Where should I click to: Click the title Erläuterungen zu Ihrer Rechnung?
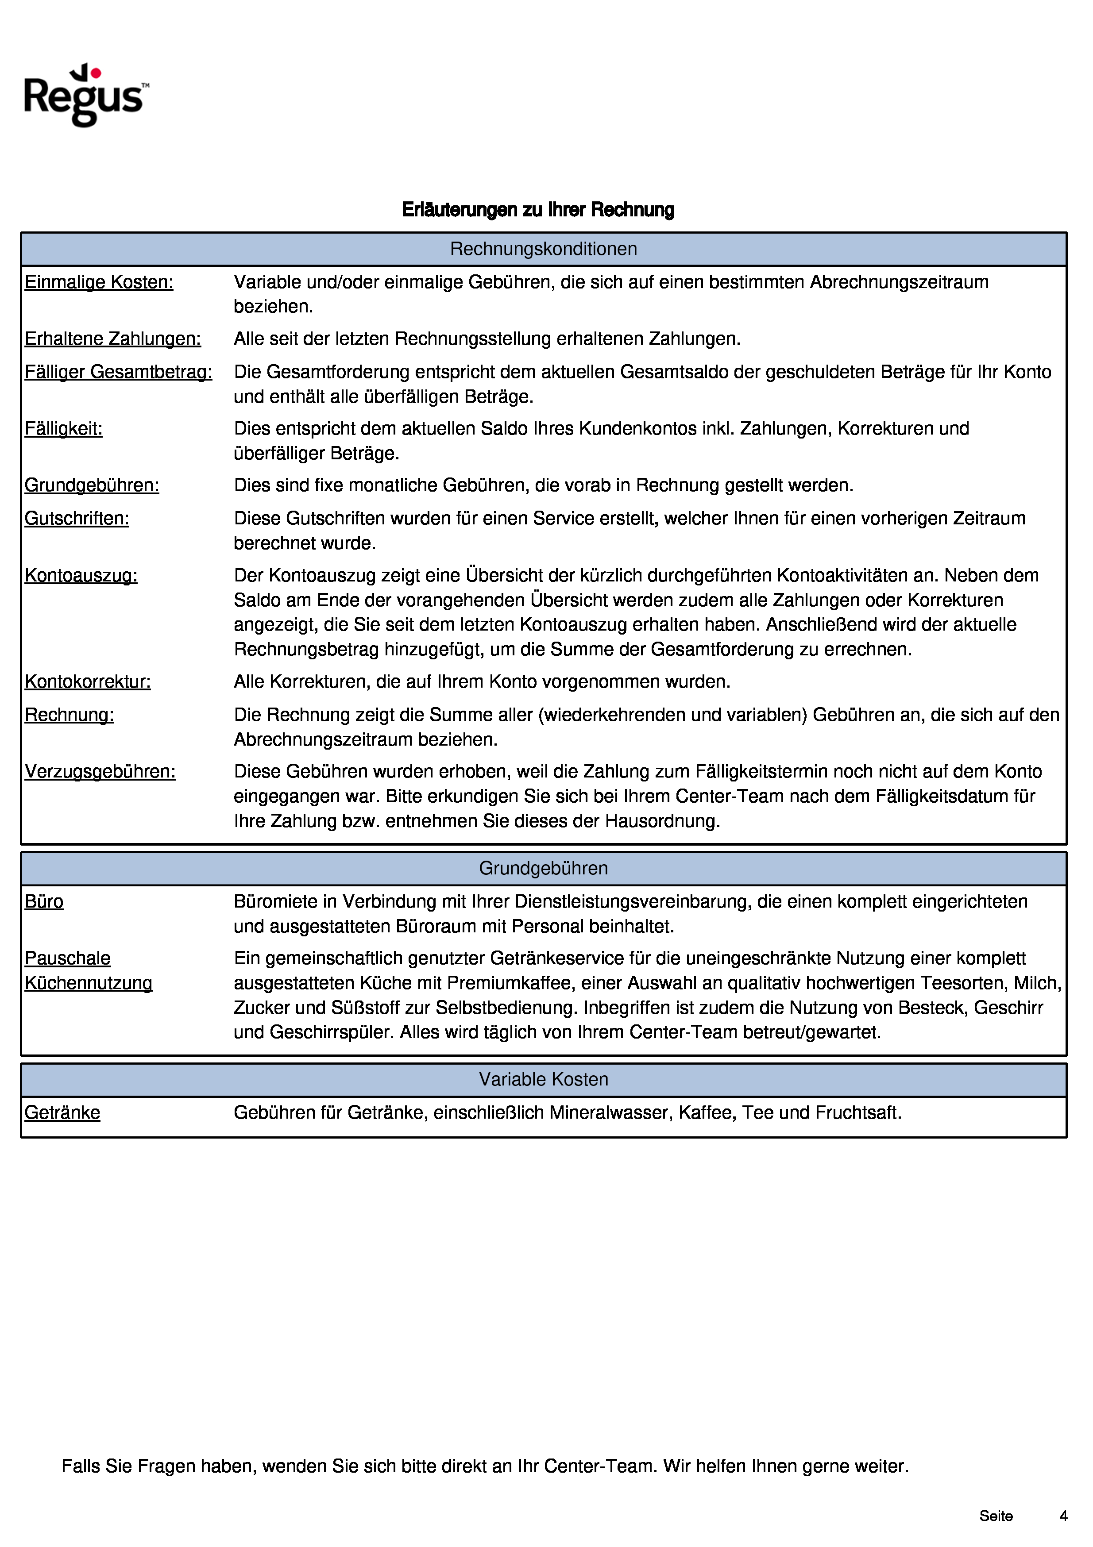[x=538, y=210]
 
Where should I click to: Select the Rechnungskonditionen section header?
[x=543, y=249]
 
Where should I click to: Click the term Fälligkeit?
[x=63, y=428]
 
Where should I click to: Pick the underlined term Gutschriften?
[x=77, y=518]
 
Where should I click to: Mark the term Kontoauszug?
[x=81, y=575]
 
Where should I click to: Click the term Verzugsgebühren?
[x=100, y=771]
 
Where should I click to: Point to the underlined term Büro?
[x=44, y=901]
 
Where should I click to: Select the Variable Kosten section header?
[x=543, y=1079]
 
